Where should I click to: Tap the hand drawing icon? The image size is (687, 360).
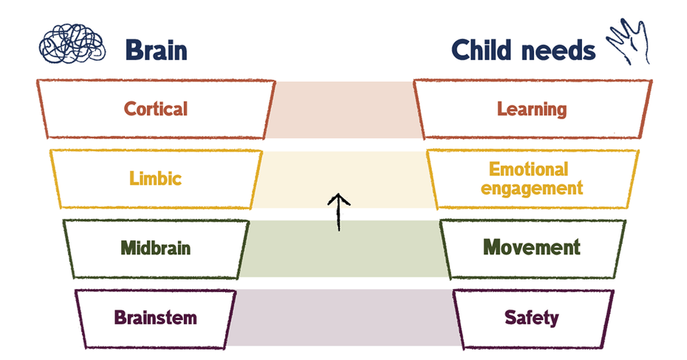click(x=628, y=42)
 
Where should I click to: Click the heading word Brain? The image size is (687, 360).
click(x=156, y=50)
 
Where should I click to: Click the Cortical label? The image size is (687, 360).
click(x=156, y=109)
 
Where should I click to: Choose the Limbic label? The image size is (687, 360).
click(x=155, y=178)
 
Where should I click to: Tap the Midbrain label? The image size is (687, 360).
click(x=156, y=248)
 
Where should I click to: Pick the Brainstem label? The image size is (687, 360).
click(x=156, y=318)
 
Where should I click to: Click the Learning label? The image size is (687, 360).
click(x=532, y=109)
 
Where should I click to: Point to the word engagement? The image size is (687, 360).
click(x=532, y=188)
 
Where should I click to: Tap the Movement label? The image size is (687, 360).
click(x=532, y=247)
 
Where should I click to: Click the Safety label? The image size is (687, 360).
click(x=532, y=318)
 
